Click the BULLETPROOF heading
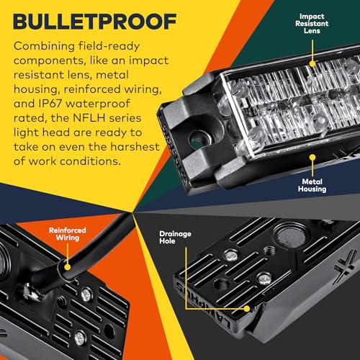pyautogui.click(x=95, y=22)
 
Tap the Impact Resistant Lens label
pyautogui.click(x=312, y=24)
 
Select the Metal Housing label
pyautogui.click(x=312, y=185)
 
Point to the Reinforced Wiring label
pyautogui.click(x=68, y=234)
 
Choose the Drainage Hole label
pyautogui.click(x=175, y=238)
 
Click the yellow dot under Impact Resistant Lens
pyautogui.click(x=312, y=63)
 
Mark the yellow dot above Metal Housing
pyautogui.click(x=312, y=158)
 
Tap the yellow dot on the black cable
pyautogui.click(x=68, y=267)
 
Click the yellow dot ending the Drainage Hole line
pyautogui.click(x=247, y=309)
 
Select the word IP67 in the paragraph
pyautogui.click(x=50, y=104)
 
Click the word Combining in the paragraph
pyautogui.click(x=44, y=47)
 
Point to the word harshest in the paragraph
pyautogui.click(x=135, y=147)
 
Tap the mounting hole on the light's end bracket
pyautogui.click(x=199, y=140)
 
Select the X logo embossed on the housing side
pyautogui.click(x=344, y=266)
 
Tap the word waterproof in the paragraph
pyautogui.click(x=98, y=104)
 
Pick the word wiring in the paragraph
pyautogui.click(x=143, y=90)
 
